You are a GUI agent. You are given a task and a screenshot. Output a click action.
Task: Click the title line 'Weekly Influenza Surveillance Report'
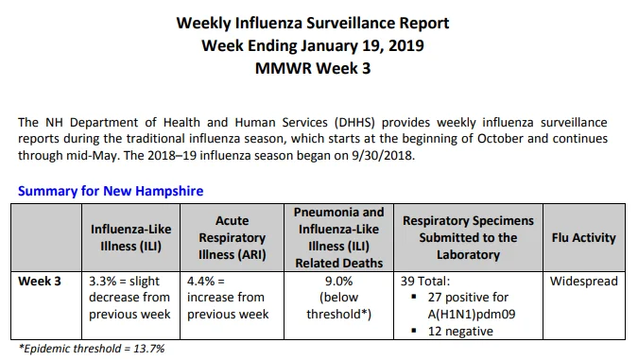(313, 24)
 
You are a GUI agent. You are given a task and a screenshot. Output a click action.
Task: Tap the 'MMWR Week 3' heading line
(313, 68)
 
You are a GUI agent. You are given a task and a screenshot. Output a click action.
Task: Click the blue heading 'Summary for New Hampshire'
(111, 191)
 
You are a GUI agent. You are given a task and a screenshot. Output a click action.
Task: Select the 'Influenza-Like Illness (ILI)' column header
(131, 237)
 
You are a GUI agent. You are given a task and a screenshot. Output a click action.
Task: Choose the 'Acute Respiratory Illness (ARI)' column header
(232, 237)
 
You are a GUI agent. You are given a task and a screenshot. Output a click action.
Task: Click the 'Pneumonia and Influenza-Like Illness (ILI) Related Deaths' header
(339, 237)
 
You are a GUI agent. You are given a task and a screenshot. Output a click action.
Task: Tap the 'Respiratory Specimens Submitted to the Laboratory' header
(468, 237)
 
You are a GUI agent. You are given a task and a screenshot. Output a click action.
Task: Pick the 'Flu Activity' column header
(584, 237)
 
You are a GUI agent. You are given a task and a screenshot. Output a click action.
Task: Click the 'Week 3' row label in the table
(40, 281)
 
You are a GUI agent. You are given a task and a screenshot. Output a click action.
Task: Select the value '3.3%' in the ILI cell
(102, 281)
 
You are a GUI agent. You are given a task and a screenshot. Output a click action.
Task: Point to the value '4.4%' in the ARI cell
(200, 281)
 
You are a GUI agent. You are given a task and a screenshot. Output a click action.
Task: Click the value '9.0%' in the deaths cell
(339, 281)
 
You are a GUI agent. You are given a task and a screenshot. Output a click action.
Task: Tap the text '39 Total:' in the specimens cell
(425, 281)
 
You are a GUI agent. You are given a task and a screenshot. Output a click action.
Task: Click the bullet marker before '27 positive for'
(414, 297)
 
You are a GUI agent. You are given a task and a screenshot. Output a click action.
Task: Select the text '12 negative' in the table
(460, 331)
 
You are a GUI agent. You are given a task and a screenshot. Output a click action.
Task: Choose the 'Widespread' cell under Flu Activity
(584, 281)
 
